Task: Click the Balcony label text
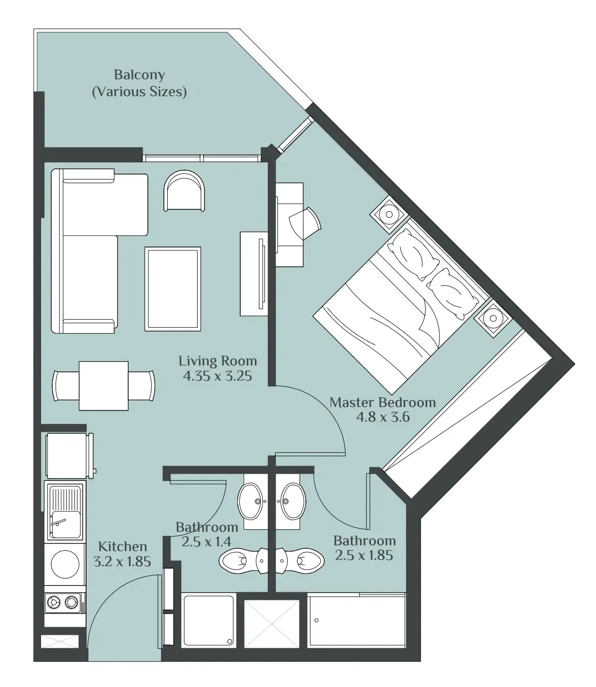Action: click(x=139, y=74)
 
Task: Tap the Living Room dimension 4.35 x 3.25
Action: click(x=218, y=376)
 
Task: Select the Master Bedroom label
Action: click(x=382, y=402)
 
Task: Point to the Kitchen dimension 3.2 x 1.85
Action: click(x=122, y=561)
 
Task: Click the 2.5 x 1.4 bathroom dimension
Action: click(x=206, y=541)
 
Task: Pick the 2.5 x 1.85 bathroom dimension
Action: click(x=364, y=555)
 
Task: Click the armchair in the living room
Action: click(x=184, y=190)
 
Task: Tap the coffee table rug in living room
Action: click(x=173, y=289)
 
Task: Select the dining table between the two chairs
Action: click(x=104, y=386)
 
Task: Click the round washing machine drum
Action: click(x=65, y=564)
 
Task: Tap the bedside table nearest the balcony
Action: click(x=389, y=214)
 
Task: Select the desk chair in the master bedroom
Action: click(x=305, y=223)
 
